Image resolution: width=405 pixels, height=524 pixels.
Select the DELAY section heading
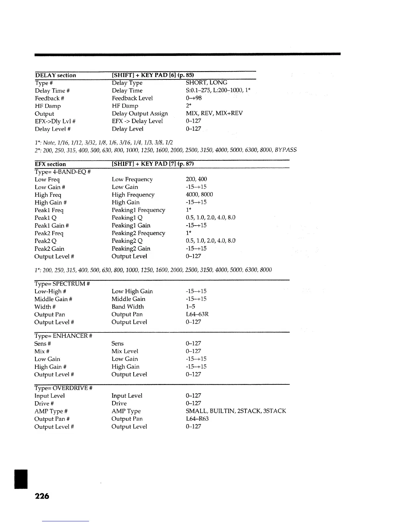pos(56,75)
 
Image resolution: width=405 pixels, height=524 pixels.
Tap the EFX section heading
pos(50,164)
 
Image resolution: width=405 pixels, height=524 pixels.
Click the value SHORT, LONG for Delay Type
pos(206,83)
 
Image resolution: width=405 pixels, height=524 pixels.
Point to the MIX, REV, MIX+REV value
pos(214,113)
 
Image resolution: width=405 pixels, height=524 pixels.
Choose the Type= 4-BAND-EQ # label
pos(63,172)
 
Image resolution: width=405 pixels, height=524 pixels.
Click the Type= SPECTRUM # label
pos(62,284)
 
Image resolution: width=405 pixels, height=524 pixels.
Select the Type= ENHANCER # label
pos(63,336)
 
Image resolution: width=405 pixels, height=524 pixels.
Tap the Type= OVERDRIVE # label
pos(63,388)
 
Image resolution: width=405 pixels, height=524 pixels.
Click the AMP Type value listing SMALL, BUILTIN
pos(236,411)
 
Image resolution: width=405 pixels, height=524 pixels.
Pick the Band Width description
pos(128,307)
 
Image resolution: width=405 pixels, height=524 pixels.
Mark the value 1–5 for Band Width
pos(191,307)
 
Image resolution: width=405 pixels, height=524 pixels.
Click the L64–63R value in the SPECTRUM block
pos(197,315)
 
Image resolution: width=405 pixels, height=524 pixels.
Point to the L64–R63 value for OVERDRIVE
pos(197,419)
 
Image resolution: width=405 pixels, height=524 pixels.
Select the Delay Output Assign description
pos(140,114)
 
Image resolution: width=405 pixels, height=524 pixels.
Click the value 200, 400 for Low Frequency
pos(197,179)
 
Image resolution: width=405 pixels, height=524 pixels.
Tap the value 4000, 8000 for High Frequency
pos(199,195)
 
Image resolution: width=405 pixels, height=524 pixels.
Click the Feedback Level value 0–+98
pos(194,98)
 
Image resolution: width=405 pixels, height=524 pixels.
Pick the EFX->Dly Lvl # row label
pos(56,121)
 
